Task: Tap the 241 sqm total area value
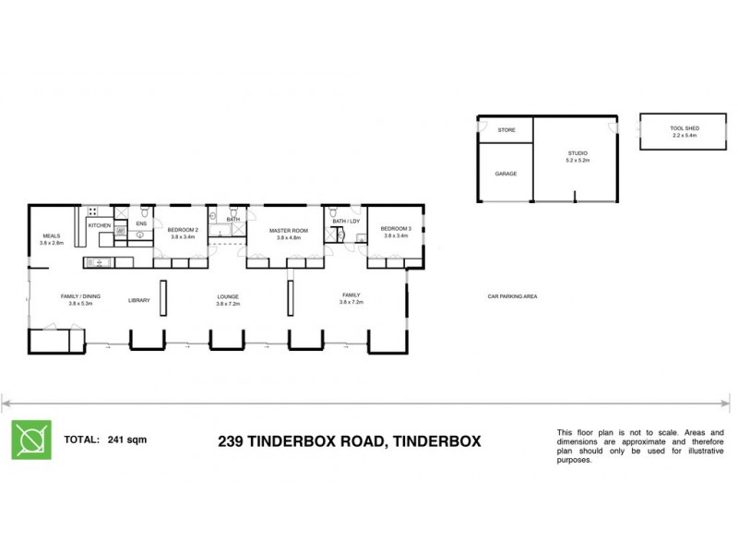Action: click(x=126, y=440)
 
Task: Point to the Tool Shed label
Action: click(x=684, y=128)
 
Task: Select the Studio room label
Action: click(x=577, y=153)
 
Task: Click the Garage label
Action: click(x=506, y=174)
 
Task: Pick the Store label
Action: click(x=506, y=131)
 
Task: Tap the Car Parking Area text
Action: click(x=512, y=296)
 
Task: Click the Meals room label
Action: click(x=51, y=235)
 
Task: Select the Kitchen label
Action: click(x=99, y=225)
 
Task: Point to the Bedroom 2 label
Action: click(x=183, y=230)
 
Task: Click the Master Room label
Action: click(x=287, y=230)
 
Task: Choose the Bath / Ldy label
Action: click(x=345, y=222)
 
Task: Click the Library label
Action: click(x=139, y=299)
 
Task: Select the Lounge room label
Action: click(x=228, y=297)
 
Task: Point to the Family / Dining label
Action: click(x=80, y=296)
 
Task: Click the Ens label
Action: click(x=141, y=223)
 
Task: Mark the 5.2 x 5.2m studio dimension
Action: click(x=577, y=161)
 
